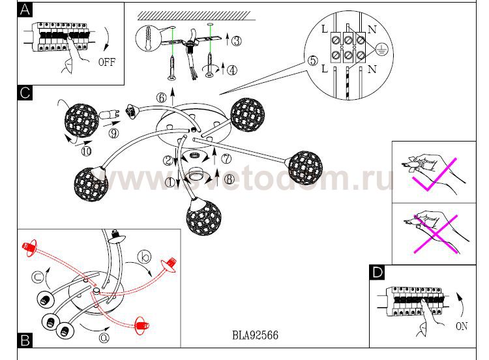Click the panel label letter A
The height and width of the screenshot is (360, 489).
coord(24,10)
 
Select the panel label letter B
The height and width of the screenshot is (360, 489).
coord(24,340)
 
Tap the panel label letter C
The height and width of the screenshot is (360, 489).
coord(24,93)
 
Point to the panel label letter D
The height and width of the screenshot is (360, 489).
coord(377,272)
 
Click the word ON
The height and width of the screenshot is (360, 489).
coord(461,326)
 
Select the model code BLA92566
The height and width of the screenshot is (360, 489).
coord(255,336)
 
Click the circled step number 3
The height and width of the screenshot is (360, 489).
coord(236,40)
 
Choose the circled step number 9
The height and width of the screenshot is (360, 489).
coord(113,134)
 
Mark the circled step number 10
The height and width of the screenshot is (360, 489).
coord(87,152)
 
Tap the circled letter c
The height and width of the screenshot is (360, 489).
coord(40,274)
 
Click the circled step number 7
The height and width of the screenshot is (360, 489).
coord(226,158)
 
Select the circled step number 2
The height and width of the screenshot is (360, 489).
coord(168,160)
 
